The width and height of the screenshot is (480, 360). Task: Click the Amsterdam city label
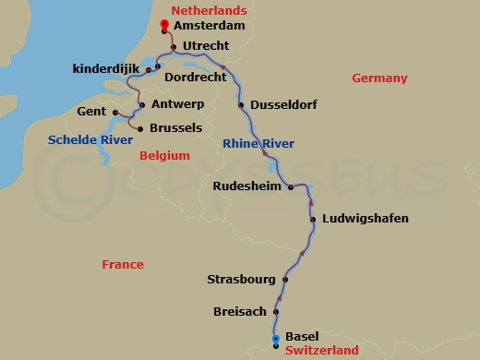click(210, 27)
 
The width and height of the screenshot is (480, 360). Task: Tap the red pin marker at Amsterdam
click(164, 26)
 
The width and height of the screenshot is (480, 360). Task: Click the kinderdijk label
click(104, 69)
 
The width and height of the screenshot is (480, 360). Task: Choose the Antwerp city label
click(175, 104)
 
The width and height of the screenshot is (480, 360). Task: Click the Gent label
click(92, 112)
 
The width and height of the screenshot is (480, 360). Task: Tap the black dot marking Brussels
click(139, 128)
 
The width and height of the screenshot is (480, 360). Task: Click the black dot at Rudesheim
click(290, 187)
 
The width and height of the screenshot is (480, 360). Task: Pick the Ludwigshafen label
click(365, 219)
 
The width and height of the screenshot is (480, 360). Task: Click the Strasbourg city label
click(243, 279)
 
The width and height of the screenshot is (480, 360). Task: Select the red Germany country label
click(379, 78)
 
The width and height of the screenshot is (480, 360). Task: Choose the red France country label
click(123, 265)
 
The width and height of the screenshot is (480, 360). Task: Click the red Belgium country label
click(164, 157)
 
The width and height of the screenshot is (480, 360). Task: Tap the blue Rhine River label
click(258, 143)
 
